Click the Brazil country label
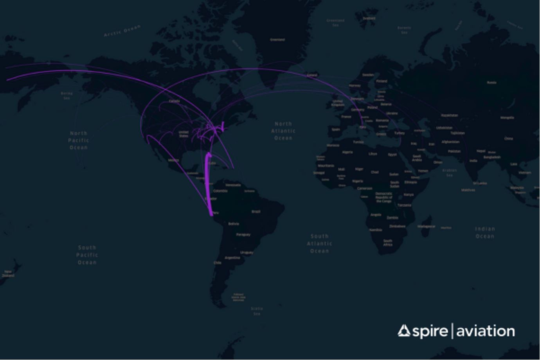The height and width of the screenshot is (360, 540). pyautogui.click(x=256, y=212)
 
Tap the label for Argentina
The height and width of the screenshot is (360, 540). pyautogui.click(x=232, y=258)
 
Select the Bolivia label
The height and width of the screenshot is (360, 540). pyautogui.click(x=234, y=224)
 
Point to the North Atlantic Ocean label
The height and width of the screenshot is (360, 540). pyautogui.click(x=283, y=131)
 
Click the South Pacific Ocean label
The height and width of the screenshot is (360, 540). pyautogui.click(x=87, y=255)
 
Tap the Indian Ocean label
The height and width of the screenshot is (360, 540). pyautogui.click(x=485, y=232)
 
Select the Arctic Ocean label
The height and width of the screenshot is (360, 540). pyautogui.click(x=122, y=31)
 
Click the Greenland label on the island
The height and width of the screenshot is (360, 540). pyautogui.click(x=277, y=40)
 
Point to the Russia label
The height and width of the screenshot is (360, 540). pyautogui.click(x=491, y=83)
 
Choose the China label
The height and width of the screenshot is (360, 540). pyautogui.click(x=508, y=139)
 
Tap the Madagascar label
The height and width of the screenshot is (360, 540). pyautogui.click(x=426, y=226)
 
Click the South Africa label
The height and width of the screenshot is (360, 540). pyautogui.click(x=387, y=243)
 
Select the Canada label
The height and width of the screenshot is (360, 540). pyautogui.click(x=174, y=101)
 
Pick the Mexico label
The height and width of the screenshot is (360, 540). pyautogui.click(x=173, y=160)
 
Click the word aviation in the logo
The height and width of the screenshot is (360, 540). pyautogui.click(x=485, y=331)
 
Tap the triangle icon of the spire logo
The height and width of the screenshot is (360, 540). pyautogui.click(x=404, y=331)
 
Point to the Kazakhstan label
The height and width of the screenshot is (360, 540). pyautogui.click(x=449, y=115)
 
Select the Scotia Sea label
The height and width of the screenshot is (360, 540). pyautogui.click(x=257, y=311)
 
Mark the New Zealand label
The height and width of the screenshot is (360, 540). pyautogui.click(x=8, y=273)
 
